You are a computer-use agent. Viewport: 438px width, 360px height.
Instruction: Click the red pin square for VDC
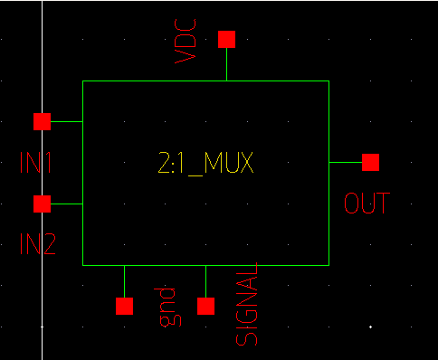226,39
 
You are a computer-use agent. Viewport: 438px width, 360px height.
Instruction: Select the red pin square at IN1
42,121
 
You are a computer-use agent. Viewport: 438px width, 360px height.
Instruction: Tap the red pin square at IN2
42,204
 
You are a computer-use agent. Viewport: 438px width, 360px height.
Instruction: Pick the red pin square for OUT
370,162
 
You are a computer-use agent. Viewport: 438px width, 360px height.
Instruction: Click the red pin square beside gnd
124,306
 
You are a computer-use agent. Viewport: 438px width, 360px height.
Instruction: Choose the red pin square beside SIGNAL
206,306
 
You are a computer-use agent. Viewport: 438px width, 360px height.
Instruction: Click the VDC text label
186,41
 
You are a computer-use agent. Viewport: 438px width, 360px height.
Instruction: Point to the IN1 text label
36,163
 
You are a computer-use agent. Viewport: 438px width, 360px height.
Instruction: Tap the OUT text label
367,203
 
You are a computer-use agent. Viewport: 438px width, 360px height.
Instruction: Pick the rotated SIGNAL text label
246,304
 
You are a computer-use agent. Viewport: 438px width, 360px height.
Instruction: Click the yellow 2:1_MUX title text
205,164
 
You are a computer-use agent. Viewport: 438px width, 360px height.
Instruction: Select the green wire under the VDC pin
226,64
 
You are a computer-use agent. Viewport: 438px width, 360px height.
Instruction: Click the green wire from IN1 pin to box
67,121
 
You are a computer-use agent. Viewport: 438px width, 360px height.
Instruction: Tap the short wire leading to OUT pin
344,162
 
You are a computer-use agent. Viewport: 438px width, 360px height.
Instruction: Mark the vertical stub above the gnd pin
124,281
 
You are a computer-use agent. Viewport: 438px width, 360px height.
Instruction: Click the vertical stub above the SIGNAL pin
206,281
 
